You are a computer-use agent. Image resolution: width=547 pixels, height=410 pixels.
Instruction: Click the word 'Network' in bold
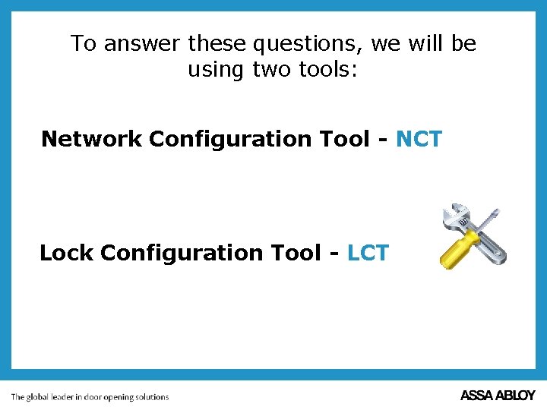92,139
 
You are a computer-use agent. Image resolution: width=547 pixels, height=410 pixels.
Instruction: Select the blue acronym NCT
419,139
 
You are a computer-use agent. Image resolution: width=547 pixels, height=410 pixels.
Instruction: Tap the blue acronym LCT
368,253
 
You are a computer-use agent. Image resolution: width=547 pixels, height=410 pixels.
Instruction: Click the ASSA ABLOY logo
498,396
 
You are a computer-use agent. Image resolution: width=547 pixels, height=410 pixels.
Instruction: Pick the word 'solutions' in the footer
151,396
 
